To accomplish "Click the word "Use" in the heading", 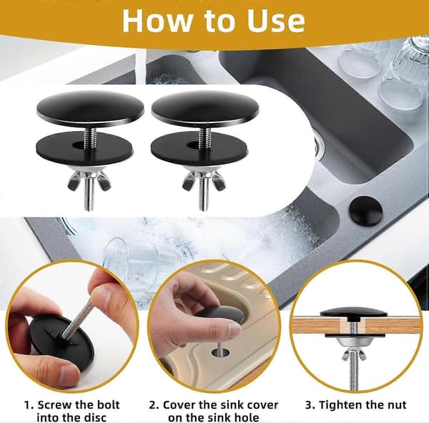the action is point(276,21).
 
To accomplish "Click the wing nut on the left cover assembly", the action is point(89,180).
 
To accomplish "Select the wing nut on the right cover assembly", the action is point(203,180).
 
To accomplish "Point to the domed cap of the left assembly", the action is point(90,109).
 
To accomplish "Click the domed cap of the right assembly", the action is point(205,109).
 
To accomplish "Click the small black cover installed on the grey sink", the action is point(366,210).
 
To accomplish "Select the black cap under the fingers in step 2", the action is point(222,314).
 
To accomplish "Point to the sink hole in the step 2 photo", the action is point(220,352).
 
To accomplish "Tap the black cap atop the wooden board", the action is point(353,313).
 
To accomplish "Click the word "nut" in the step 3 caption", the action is point(396,405).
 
